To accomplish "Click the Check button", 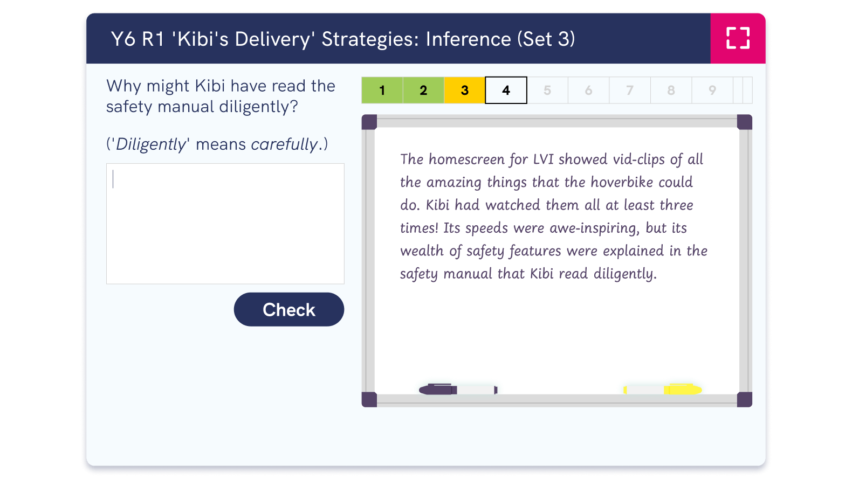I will pyautogui.click(x=288, y=309).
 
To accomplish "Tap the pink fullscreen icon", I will pyautogui.click(x=738, y=38).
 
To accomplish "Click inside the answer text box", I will pyautogui.click(x=225, y=223).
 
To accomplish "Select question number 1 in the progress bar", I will pyautogui.click(x=382, y=91).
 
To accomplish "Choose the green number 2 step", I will pyautogui.click(x=423, y=91).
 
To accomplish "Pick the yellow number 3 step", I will pyautogui.click(x=464, y=91).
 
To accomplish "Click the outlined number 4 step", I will pyautogui.click(x=506, y=91).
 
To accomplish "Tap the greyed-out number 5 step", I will pyautogui.click(x=547, y=91).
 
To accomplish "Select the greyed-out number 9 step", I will pyautogui.click(x=712, y=91).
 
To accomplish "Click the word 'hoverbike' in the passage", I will pyautogui.click(x=622, y=182).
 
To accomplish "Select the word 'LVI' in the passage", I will pyautogui.click(x=543, y=159).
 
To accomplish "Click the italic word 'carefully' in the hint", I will pyautogui.click(x=284, y=144).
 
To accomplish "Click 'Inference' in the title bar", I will pyautogui.click(x=468, y=39).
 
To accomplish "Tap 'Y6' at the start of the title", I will pyautogui.click(x=123, y=39).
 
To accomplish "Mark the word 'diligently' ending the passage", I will pyautogui.click(x=624, y=274).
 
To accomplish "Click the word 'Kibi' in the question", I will pyautogui.click(x=210, y=86).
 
